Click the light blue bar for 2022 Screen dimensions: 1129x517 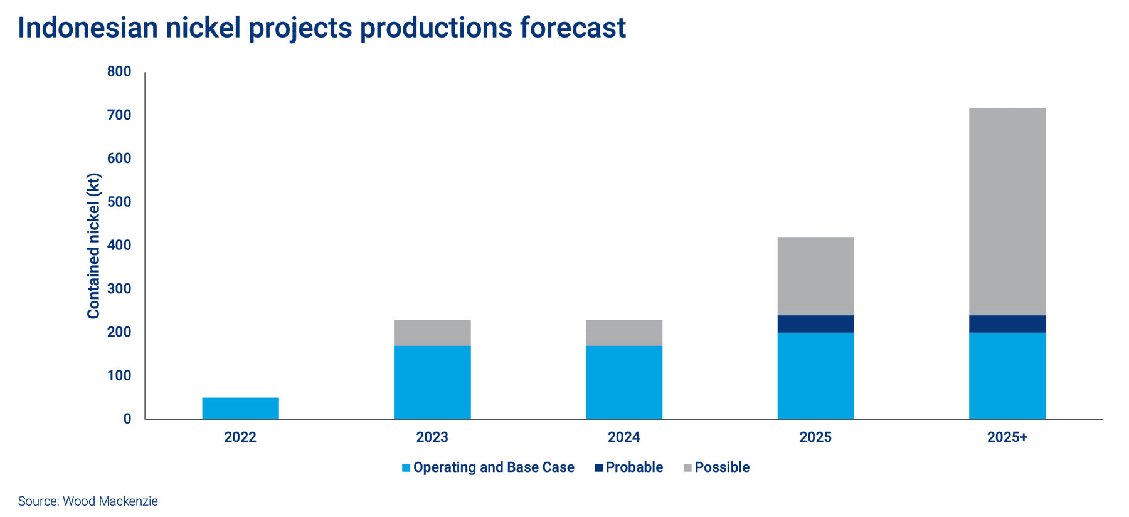pyautogui.click(x=240, y=408)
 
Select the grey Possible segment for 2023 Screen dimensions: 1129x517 pyautogui.click(x=432, y=333)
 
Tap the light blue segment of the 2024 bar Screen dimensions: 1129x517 pyautogui.click(x=624, y=382)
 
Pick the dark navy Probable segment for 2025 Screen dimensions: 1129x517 pyautogui.click(x=815, y=324)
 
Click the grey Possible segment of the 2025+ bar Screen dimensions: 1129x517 pyautogui.click(x=1007, y=212)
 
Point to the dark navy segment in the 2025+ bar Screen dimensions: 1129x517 pyautogui.click(x=1007, y=324)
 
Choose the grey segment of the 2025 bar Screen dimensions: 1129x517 pyautogui.click(x=815, y=276)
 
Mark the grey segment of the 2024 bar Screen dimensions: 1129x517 pyautogui.click(x=624, y=333)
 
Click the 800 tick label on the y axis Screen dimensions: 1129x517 pyautogui.click(x=119, y=71)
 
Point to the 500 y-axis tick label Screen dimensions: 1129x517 pyautogui.click(x=119, y=202)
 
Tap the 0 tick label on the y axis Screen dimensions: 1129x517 pyautogui.click(x=127, y=419)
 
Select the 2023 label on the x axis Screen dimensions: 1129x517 pyautogui.click(x=432, y=437)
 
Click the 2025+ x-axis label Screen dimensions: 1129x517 pyautogui.click(x=1007, y=437)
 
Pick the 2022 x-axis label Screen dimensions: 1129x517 pyautogui.click(x=240, y=437)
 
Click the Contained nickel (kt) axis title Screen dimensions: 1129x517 pyautogui.click(x=93, y=246)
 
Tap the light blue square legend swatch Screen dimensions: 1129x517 pyautogui.click(x=406, y=468)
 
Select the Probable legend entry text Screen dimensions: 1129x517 pyautogui.click(x=634, y=467)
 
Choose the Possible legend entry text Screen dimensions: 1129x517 pyautogui.click(x=722, y=467)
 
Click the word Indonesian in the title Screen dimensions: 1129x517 pyautogui.click(x=88, y=28)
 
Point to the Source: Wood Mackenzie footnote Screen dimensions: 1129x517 pyautogui.click(x=88, y=501)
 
